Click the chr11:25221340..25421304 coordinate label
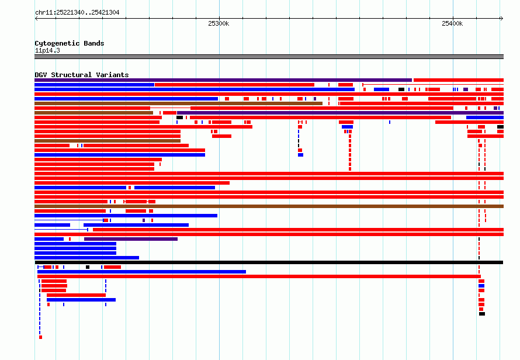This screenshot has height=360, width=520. [x=77, y=13]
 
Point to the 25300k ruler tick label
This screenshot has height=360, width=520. [x=219, y=23]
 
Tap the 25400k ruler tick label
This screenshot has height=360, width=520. [x=452, y=23]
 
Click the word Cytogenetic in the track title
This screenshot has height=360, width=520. [x=57, y=43]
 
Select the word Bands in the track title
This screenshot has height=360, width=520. [x=94, y=43]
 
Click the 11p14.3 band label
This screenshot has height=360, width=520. [x=47, y=50]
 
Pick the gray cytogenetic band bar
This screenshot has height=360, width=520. [x=269, y=57]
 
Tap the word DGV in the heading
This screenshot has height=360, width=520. [x=41, y=75]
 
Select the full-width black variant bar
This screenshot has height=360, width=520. [x=269, y=262]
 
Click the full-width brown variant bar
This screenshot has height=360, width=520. [x=269, y=206]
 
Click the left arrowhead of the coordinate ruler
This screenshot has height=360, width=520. [x=36, y=19]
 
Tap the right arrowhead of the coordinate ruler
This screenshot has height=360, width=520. [x=502, y=19]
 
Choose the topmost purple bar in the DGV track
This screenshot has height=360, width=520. [x=223, y=80]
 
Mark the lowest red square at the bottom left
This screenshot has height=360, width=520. [x=40, y=337]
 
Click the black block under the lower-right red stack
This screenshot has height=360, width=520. [x=482, y=314]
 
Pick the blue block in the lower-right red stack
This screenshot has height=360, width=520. [x=481, y=286]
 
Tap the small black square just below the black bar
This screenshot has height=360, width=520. [x=88, y=267]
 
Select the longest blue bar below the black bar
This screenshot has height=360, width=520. [x=141, y=272]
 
